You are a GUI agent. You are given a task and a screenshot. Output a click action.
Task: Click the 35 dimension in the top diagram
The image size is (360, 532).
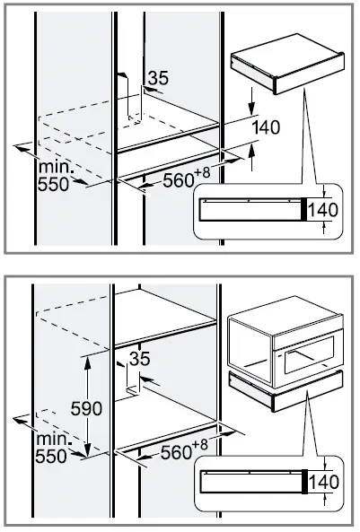coord(157,79)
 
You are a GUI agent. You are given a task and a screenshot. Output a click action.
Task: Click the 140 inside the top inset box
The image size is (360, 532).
coord(321,210)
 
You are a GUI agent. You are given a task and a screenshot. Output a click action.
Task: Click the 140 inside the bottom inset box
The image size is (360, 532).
coord(321,483)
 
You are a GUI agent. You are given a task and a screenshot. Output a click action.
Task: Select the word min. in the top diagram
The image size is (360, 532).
coord(56,168)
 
